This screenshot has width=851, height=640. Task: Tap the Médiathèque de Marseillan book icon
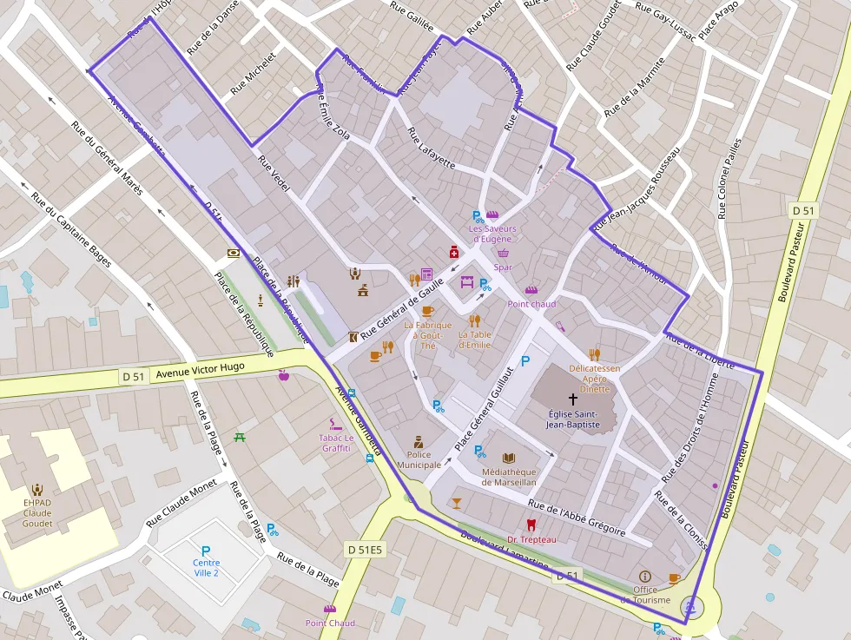click(x=510, y=458)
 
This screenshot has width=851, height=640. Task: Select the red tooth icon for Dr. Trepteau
click(x=531, y=525)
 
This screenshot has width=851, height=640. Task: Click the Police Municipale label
click(x=419, y=459)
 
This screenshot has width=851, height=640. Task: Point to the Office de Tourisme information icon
click(x=644, y=577)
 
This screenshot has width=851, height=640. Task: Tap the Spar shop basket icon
click(x=503, y=253)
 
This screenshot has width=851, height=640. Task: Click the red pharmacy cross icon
click(x=453, y=252)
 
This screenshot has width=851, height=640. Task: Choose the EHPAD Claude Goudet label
click(x=37, y=512)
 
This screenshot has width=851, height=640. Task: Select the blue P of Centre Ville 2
click(x=206, y=551)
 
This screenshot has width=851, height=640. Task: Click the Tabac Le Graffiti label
click(x=336, y=443)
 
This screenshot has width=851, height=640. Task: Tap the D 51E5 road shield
click(x=365, y=549)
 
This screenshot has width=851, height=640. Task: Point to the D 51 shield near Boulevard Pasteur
click(x=804, y=210)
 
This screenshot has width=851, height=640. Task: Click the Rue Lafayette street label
click(x=431, y=148)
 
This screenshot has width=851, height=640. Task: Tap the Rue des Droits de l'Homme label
click(x=690, y=428)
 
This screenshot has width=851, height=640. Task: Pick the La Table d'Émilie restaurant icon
click(x=474, y=320)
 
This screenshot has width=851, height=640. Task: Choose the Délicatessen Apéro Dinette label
click(x=594, y=379)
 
